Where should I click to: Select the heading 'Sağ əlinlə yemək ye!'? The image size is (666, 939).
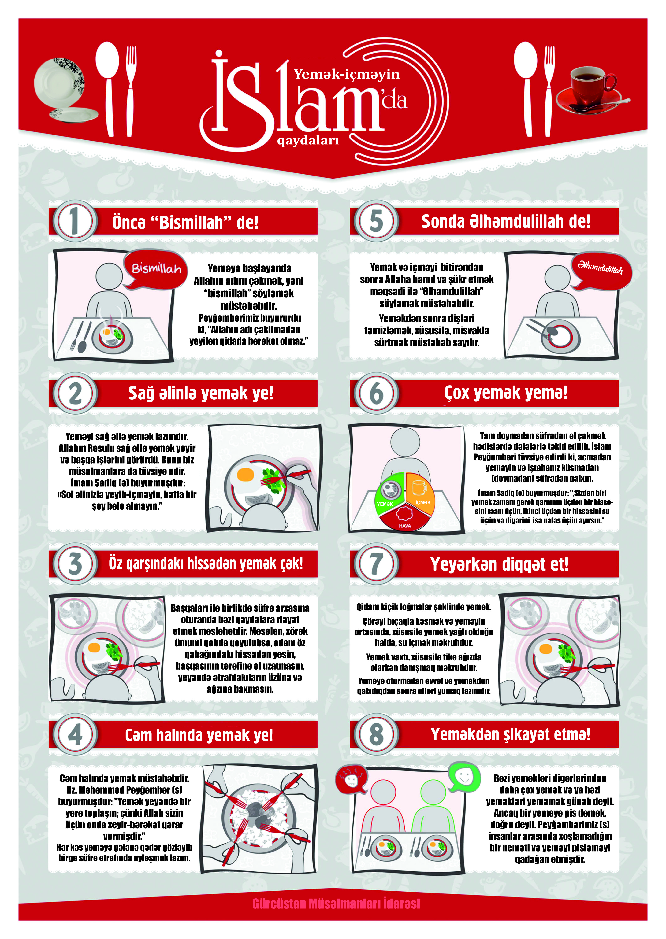coord(201,394)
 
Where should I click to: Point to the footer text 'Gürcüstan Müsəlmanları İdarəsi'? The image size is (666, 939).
coord(336,904)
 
